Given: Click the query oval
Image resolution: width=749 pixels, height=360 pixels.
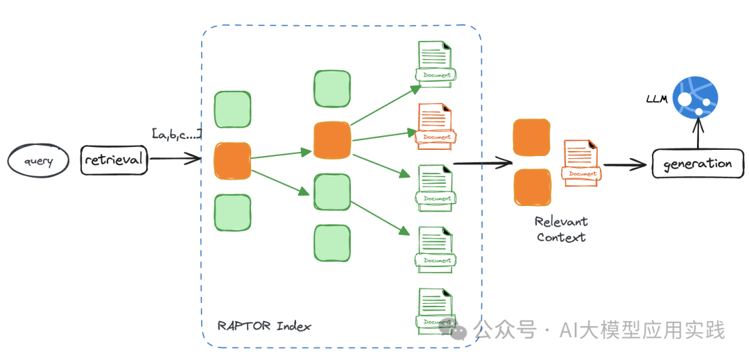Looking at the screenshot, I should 39,162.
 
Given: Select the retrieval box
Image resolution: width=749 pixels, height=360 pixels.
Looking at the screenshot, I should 114,160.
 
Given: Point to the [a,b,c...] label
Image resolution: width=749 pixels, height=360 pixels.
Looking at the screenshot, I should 177,133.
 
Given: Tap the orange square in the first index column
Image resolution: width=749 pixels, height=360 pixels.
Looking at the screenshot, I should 232,160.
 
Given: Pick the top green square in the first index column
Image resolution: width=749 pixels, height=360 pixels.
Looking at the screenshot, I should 232,110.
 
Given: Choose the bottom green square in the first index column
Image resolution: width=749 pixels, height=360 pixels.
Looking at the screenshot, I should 232,212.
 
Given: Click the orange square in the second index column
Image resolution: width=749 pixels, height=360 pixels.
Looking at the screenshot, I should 332,139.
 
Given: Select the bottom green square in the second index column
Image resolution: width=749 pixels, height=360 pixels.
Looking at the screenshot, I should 332,243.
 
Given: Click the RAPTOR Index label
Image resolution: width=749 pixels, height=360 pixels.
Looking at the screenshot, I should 264,326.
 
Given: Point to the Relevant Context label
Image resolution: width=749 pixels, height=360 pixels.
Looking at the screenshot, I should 561,229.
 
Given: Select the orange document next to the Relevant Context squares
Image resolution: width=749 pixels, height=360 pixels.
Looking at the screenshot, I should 581,162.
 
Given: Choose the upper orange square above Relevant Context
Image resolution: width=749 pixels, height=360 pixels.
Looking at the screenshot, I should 532,137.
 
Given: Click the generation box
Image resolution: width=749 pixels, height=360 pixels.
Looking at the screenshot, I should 697,164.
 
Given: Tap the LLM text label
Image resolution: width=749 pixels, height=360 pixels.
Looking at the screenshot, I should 656,99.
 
